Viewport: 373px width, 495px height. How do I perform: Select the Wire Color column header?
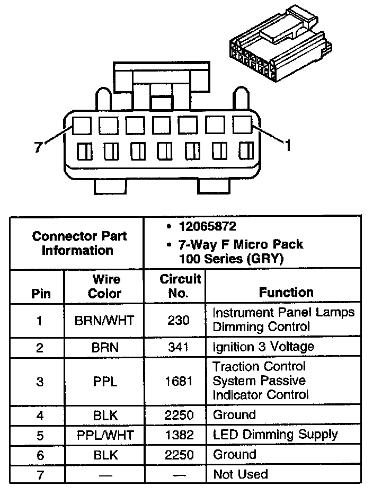pos(106,286)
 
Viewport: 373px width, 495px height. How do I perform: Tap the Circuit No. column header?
pos(180,286)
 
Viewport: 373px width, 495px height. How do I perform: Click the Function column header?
pos(286,292)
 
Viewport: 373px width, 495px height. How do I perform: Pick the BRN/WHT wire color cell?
pos(105,320)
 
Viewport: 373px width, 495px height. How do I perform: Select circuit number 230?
pos(180,320)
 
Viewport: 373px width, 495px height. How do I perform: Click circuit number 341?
pos(180,347)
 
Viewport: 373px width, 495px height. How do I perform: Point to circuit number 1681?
pos(180,381)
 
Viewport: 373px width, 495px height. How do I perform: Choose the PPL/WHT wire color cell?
pos(105,435)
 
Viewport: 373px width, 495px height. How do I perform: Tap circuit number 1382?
pos(180,435)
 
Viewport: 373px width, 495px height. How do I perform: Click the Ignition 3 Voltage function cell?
pos(263,347)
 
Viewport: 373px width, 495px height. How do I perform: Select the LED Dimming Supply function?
pos(275,435)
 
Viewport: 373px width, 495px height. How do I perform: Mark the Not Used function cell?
pos(240,474)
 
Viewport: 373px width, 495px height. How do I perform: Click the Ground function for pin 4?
pos(234,414)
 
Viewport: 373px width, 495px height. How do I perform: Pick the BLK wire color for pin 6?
pos(105,455)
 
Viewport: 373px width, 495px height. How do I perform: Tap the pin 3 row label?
pos(40,381)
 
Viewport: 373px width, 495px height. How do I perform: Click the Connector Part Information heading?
pos(79,243)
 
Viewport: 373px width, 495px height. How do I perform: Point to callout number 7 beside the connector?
pos(38,148)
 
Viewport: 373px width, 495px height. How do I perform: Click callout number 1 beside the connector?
pos(288,145)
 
